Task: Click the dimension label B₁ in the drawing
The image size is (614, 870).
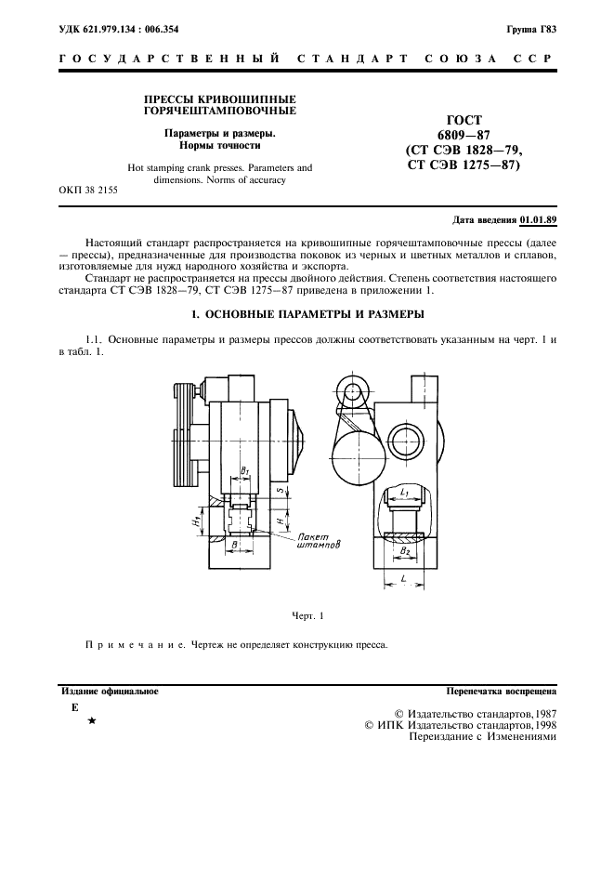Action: [x=245, y=472]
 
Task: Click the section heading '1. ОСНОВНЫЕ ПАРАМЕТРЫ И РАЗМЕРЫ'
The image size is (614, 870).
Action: [x=307, y=313]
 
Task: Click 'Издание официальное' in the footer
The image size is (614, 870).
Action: [x=110, y=692]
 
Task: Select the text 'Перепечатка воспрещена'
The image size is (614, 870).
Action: [x=501, y=692]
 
